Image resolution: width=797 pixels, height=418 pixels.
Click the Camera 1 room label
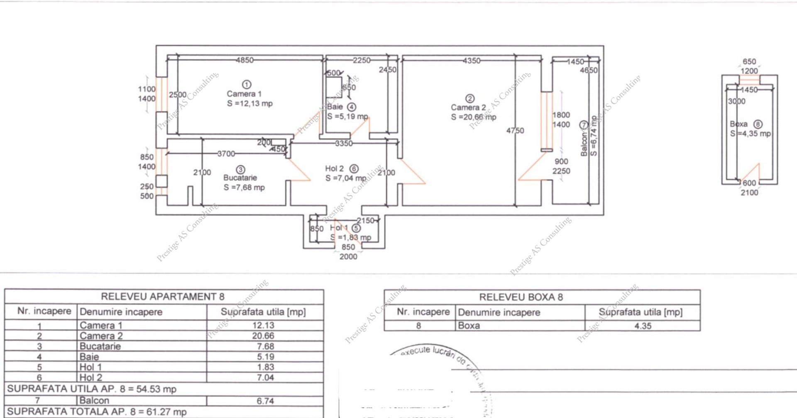(x=244, y=94)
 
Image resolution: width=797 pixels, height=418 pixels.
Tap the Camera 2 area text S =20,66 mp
(x=473, y=117)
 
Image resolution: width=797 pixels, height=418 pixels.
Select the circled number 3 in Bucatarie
(x=240, y=169)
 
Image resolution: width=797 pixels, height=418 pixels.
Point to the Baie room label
(x=335, y=107)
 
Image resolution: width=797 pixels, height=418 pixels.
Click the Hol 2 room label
(x=334, y=169)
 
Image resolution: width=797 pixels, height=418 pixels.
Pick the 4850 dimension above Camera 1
(x=244, y=60)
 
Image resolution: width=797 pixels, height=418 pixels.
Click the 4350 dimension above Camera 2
(x=472, y=61)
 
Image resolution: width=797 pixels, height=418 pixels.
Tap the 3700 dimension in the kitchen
(x=226, y=154)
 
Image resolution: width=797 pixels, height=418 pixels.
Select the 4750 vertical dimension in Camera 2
(x=515, y=130)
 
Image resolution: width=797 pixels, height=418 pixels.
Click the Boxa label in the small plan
(x=738, y=124)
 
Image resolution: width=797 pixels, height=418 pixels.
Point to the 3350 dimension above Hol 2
(x=344, y=143)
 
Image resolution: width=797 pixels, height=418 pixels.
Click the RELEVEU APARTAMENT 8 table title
(x=163, y=296)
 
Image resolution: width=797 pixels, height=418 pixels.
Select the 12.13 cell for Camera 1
(x=263, y=325)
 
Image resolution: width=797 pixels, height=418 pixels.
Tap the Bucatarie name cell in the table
(x=100, y=346)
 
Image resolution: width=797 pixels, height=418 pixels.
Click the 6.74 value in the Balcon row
(x=265, y=401)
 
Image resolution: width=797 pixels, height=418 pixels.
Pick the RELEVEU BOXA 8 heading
(x=521, y=297)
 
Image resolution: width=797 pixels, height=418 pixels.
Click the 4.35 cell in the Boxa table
(x=643, y=326)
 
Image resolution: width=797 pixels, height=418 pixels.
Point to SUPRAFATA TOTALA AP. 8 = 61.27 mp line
(x=97, y=412)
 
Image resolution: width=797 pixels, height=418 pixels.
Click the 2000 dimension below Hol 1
(x=348, y=257)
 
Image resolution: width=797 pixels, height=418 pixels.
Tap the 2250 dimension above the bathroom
(x=362, y=60)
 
